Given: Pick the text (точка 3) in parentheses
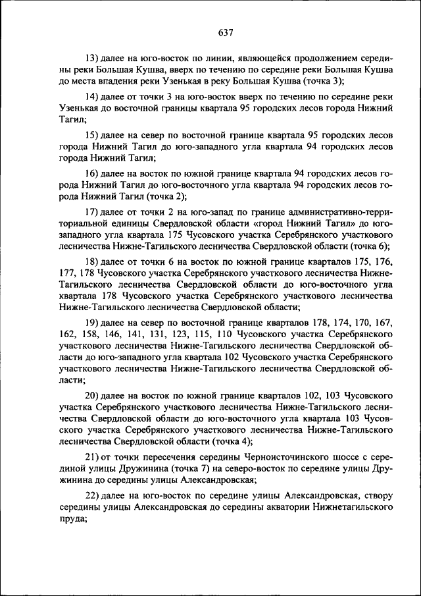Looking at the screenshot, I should [323, 81].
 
